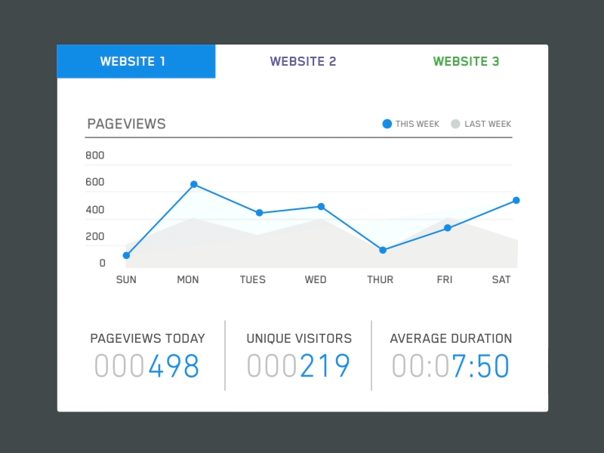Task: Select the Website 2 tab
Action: (303, 62)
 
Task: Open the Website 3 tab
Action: (466, 62)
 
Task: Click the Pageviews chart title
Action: (126, 124)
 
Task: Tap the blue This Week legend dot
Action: (387, 124)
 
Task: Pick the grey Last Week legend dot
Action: (455, 124)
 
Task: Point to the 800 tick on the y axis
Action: (95, 156)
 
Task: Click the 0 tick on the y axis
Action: (103, 263)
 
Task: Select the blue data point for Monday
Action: (194, 184)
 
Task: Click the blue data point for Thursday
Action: (383, 250)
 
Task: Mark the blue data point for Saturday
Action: (516, 200)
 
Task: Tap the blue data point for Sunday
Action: (126, 255)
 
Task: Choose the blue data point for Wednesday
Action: (321, 206)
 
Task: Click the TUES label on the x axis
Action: (253, 279)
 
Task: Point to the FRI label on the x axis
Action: (445, 279)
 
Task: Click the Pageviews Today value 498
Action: (174, 367)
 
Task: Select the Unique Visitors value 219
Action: (325, 367)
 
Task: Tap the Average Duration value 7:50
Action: (481, 367)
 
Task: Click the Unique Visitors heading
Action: (299, 339)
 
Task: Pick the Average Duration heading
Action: (451, 339)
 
